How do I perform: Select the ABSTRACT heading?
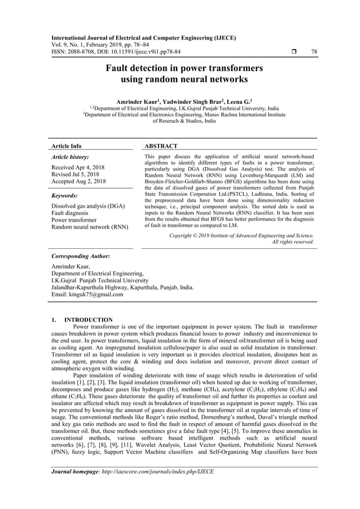[x=161, y=146]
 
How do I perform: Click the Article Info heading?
[x=66, y=146]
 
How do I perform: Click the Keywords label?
[x=64, y=195]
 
